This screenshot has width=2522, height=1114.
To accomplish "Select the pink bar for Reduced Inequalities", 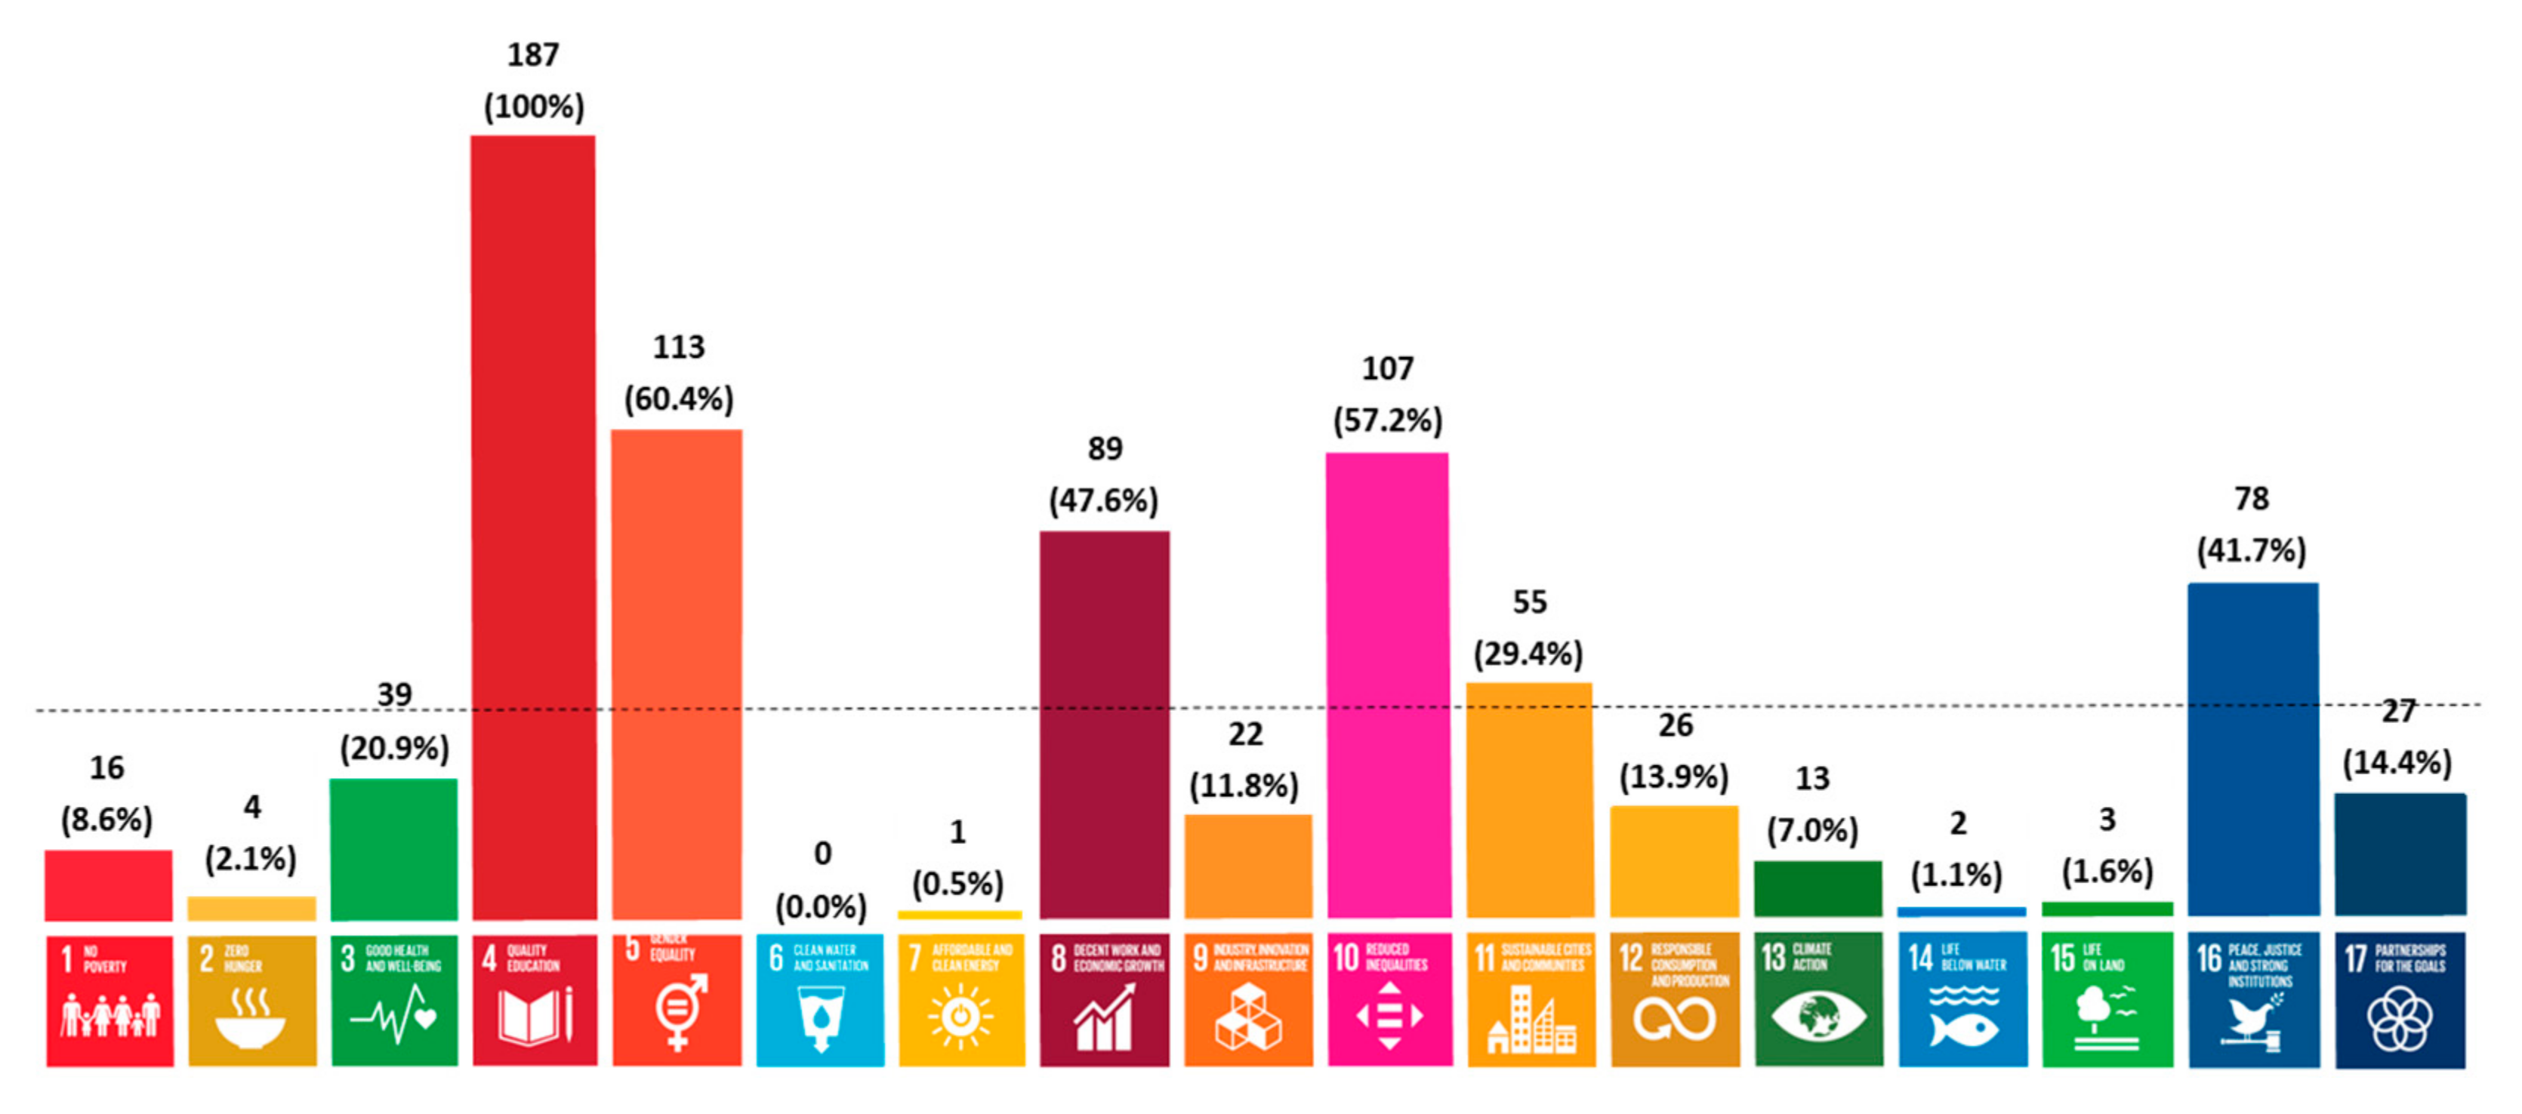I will tap(1387, 685).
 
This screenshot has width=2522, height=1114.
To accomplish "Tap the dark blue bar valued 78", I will tap(2252, 749).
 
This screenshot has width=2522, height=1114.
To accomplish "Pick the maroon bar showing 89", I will tap(1105, 725).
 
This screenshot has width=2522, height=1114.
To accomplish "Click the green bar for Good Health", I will tap(393, 849).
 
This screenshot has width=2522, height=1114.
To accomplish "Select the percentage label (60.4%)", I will tap(679, 399).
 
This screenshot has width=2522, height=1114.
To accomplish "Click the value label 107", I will tap(1387, 369).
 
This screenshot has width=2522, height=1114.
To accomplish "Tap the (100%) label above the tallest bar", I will tap(534, 106).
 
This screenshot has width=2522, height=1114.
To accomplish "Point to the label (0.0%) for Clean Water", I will tap(821, 906).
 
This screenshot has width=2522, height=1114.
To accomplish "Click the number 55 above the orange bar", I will tap(1529, 602).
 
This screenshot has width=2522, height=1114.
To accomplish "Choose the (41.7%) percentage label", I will tap(2251, 550).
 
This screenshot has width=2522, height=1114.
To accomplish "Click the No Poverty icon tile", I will tap(109, 1001).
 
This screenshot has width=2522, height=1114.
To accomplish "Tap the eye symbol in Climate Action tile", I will tap(1818, 1015).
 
